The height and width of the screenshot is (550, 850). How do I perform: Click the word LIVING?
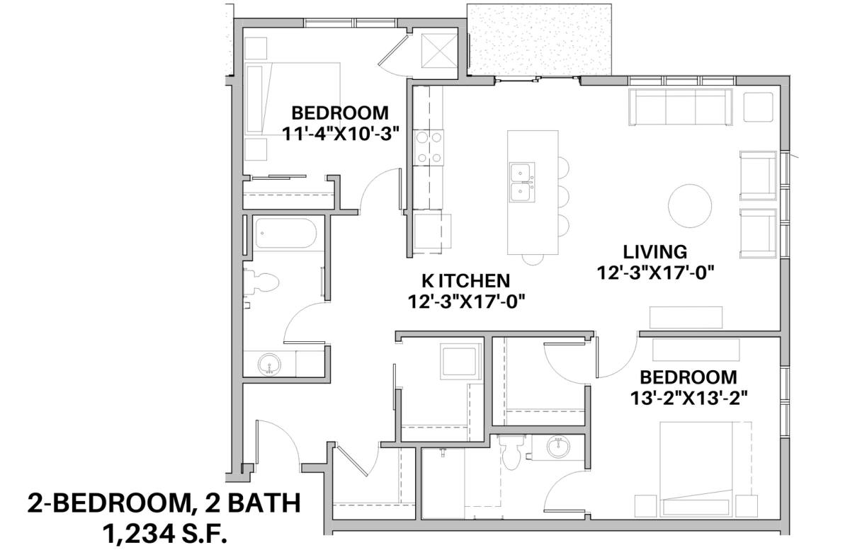pos(655,252)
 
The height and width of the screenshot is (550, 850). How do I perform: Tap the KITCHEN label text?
pos(466,281)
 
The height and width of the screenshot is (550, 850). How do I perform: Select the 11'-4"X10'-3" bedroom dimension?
pos(341,134)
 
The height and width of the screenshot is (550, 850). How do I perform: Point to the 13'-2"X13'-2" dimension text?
pos(688,399)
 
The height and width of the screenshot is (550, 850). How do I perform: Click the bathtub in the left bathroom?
pos(285,233)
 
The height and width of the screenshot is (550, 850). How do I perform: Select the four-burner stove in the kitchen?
pos(429,147)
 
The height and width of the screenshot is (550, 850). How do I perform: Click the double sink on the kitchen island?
pos(522,182)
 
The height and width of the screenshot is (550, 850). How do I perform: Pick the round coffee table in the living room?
pos(689,206)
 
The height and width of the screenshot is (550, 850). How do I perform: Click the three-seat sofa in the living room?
pos(681,107)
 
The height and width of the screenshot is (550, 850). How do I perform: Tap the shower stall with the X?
pos(439,50)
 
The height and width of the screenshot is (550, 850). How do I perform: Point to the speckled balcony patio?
pos(539,40)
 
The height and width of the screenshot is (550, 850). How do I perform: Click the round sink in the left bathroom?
pos(269,365)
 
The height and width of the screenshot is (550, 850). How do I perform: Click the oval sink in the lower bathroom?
pos(558,447)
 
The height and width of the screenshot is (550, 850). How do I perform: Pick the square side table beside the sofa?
pos(758,107)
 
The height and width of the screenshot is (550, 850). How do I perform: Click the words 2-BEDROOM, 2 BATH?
pos(164,503)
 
